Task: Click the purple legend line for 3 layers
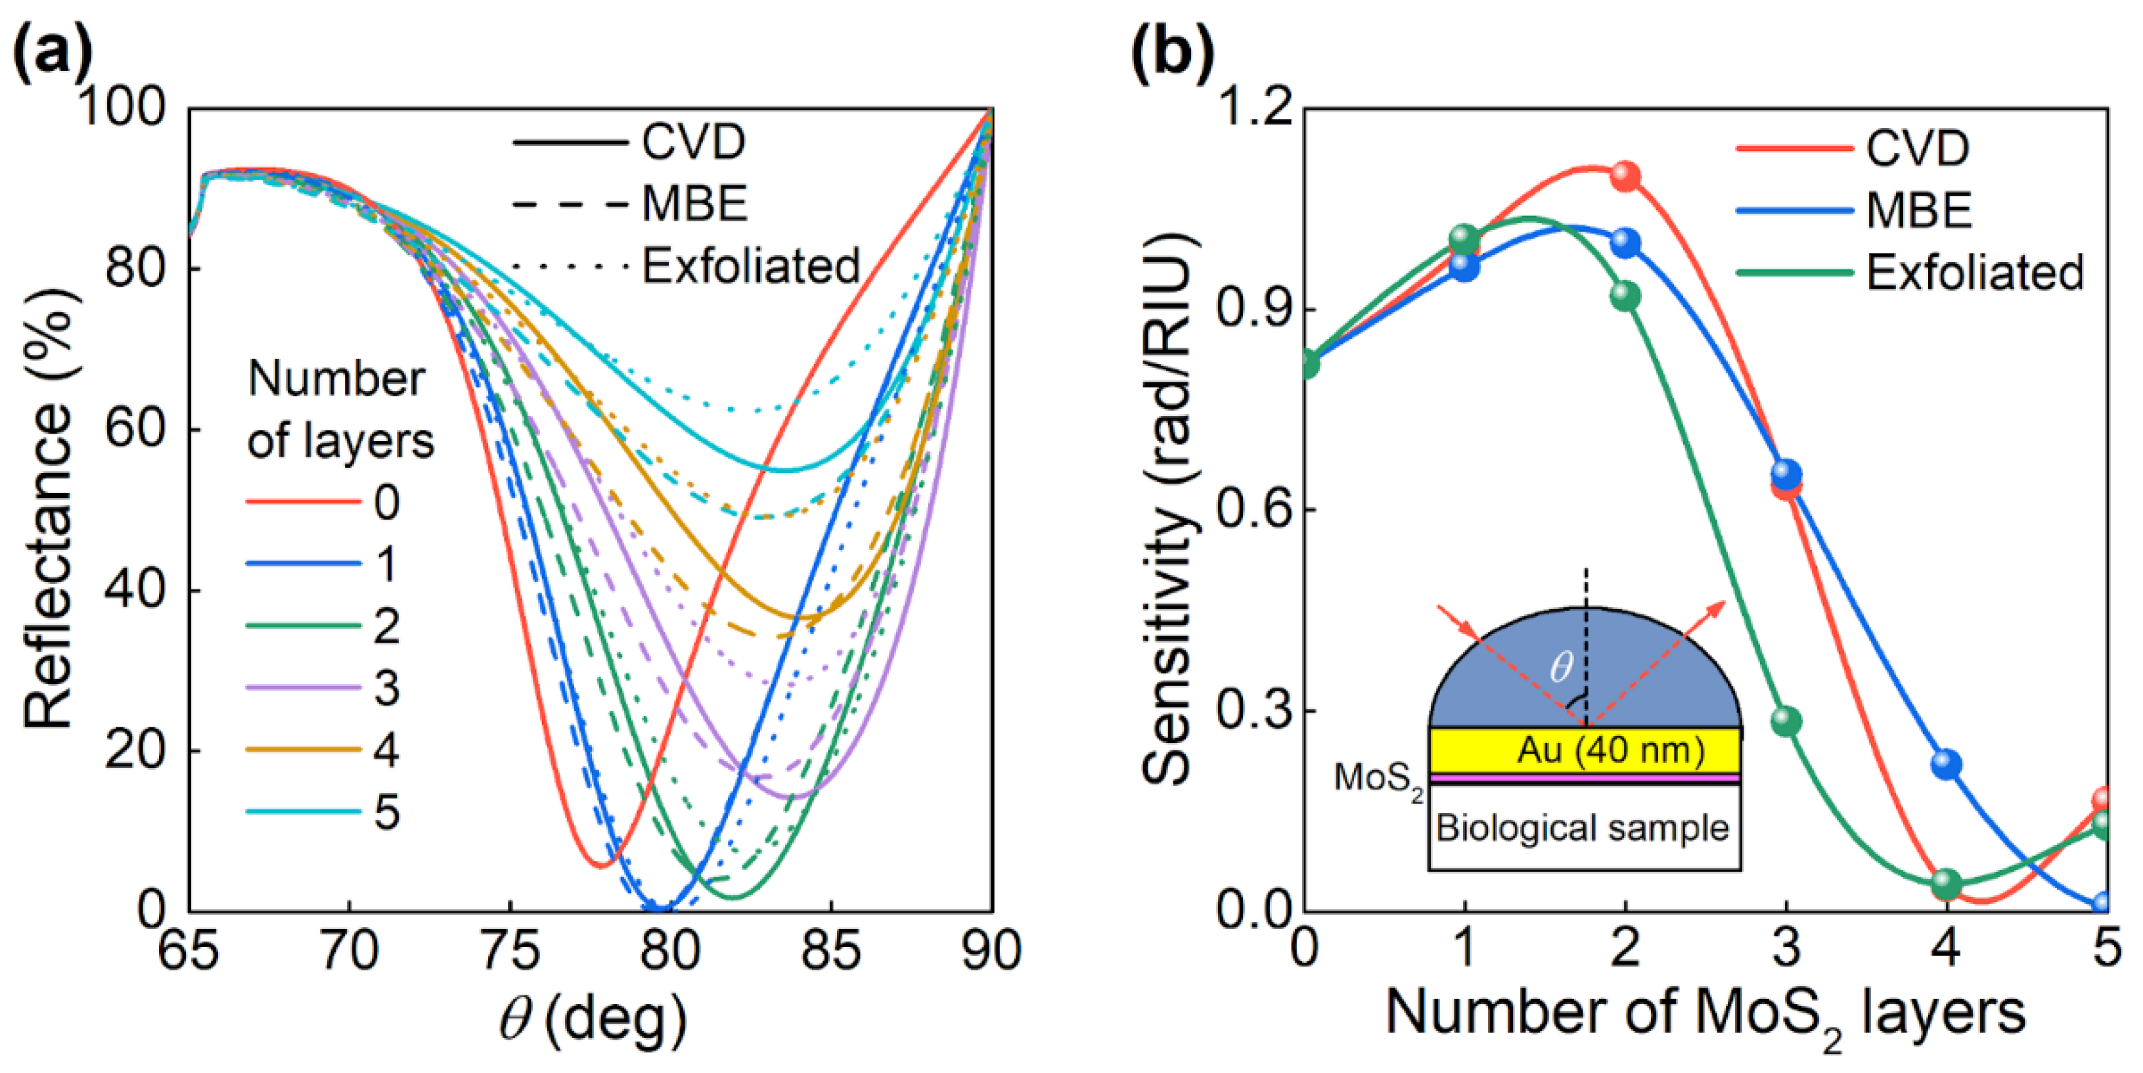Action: pos(303,688)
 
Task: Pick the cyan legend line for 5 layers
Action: pos(303,812)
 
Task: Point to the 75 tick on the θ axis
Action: pos(510,950)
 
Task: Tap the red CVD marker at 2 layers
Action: pos(1625,176)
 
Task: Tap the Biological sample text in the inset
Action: pos(1583,829)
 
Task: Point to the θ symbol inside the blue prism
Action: pos(1561,666)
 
